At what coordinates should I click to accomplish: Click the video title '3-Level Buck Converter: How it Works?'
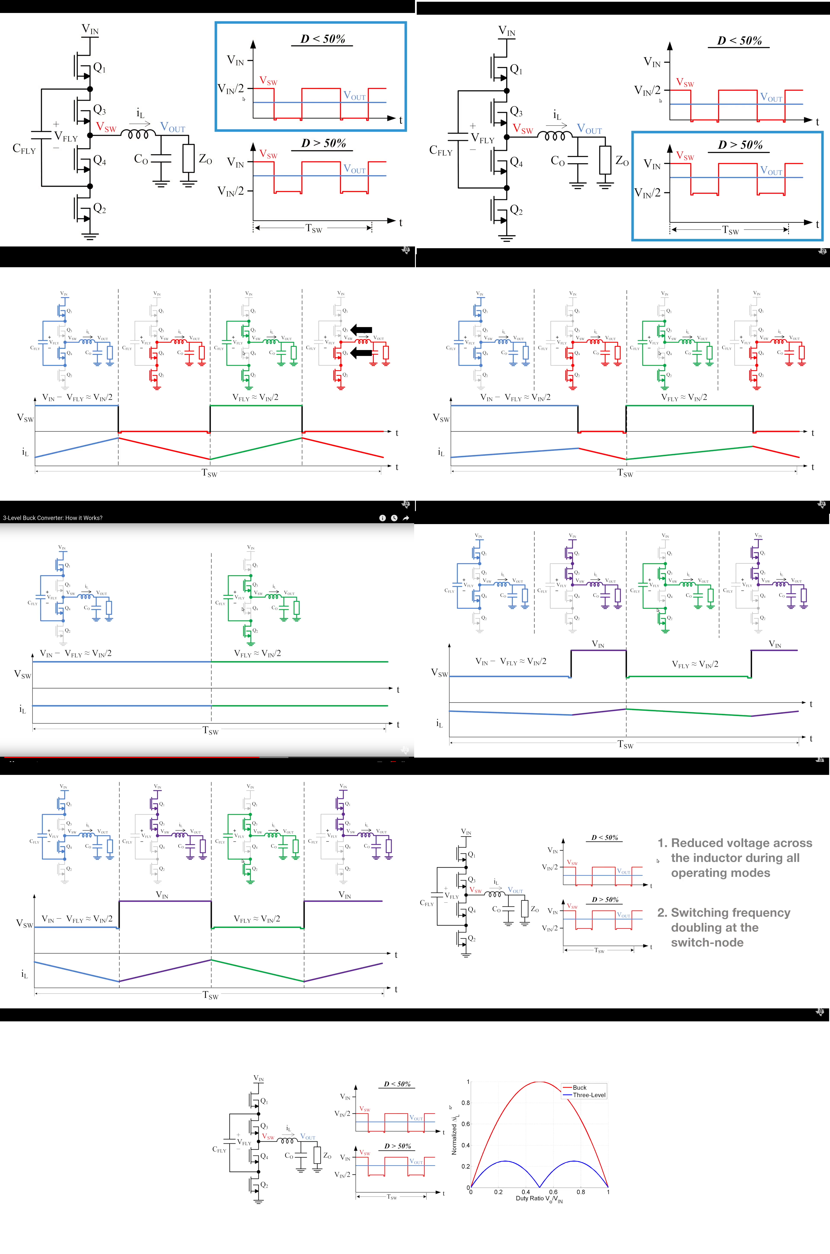tap(53, 518)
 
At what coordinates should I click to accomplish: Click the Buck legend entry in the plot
tap(579, 1087)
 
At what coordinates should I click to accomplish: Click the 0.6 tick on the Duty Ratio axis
tap(553, 1192)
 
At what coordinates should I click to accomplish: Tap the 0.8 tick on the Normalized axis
tap(465, 1103)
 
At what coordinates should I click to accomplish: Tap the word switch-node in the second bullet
tap(707, 942)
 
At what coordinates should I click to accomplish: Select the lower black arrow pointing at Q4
tap(362, 353)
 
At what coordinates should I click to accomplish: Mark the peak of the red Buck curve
tap(539, 1081)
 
